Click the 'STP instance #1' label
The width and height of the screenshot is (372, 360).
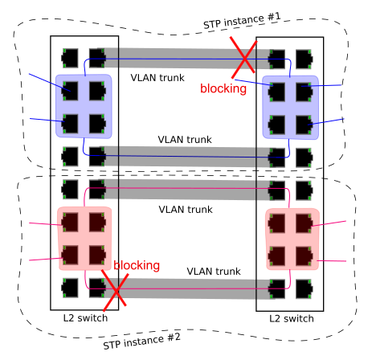click(242, 20)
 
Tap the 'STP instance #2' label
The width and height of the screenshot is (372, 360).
click(141, 342)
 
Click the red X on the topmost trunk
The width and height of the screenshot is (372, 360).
click(243, 57)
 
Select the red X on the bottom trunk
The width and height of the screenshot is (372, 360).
click(115, 290)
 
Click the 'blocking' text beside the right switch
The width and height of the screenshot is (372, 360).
click(223, 88)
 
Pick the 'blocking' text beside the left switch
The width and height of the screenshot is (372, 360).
click(137, 265)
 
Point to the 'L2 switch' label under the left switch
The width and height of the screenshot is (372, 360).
click(85, 318)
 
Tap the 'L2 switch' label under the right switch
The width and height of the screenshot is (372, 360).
click(292, 318)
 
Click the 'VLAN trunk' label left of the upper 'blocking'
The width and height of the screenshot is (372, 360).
click(157, 78)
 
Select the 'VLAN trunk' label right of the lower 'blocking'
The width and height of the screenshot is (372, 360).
click(214, 272)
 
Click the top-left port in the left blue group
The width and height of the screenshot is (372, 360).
click(70, 91)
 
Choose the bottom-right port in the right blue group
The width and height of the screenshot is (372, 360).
click(305, 125)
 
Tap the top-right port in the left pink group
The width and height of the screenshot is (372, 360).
click(97, 222)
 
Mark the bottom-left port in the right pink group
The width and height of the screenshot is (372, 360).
click(276, 256)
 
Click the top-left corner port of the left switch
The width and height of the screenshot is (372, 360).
click(70, 58)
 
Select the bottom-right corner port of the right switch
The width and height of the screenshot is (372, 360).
click(305, 289)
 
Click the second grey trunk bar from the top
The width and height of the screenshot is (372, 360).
click(184, 156)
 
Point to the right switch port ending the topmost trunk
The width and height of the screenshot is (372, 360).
click(276, 59)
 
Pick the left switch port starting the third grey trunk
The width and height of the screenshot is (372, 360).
click(97, 189)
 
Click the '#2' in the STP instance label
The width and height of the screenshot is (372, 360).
click(174, 337)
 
